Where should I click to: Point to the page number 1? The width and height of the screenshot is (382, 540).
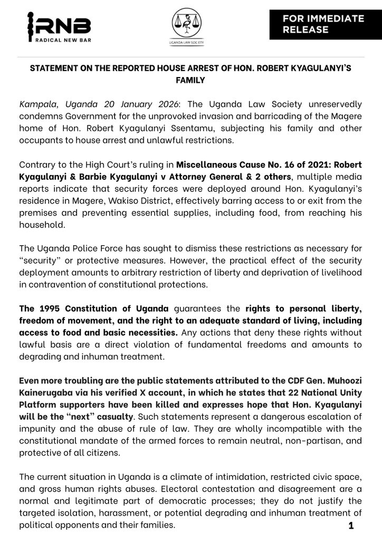[351, 525]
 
